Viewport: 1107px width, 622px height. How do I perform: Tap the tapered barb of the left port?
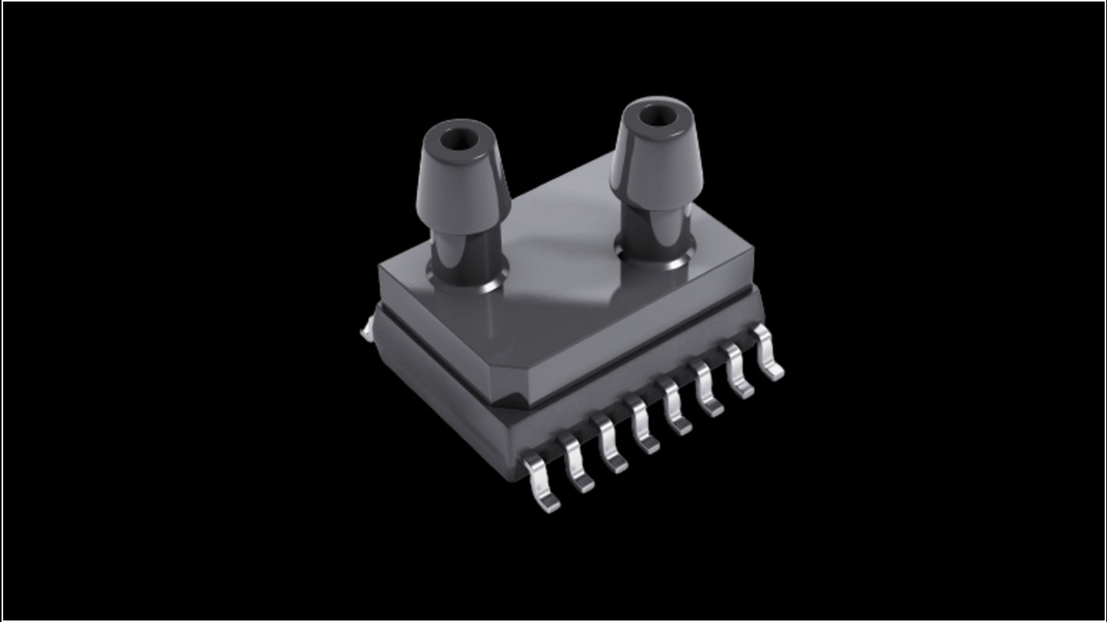tap(466, 187)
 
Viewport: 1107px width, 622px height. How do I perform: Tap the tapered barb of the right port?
tap(656, 164)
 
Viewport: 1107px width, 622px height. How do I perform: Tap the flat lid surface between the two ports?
tap(561, 257)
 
